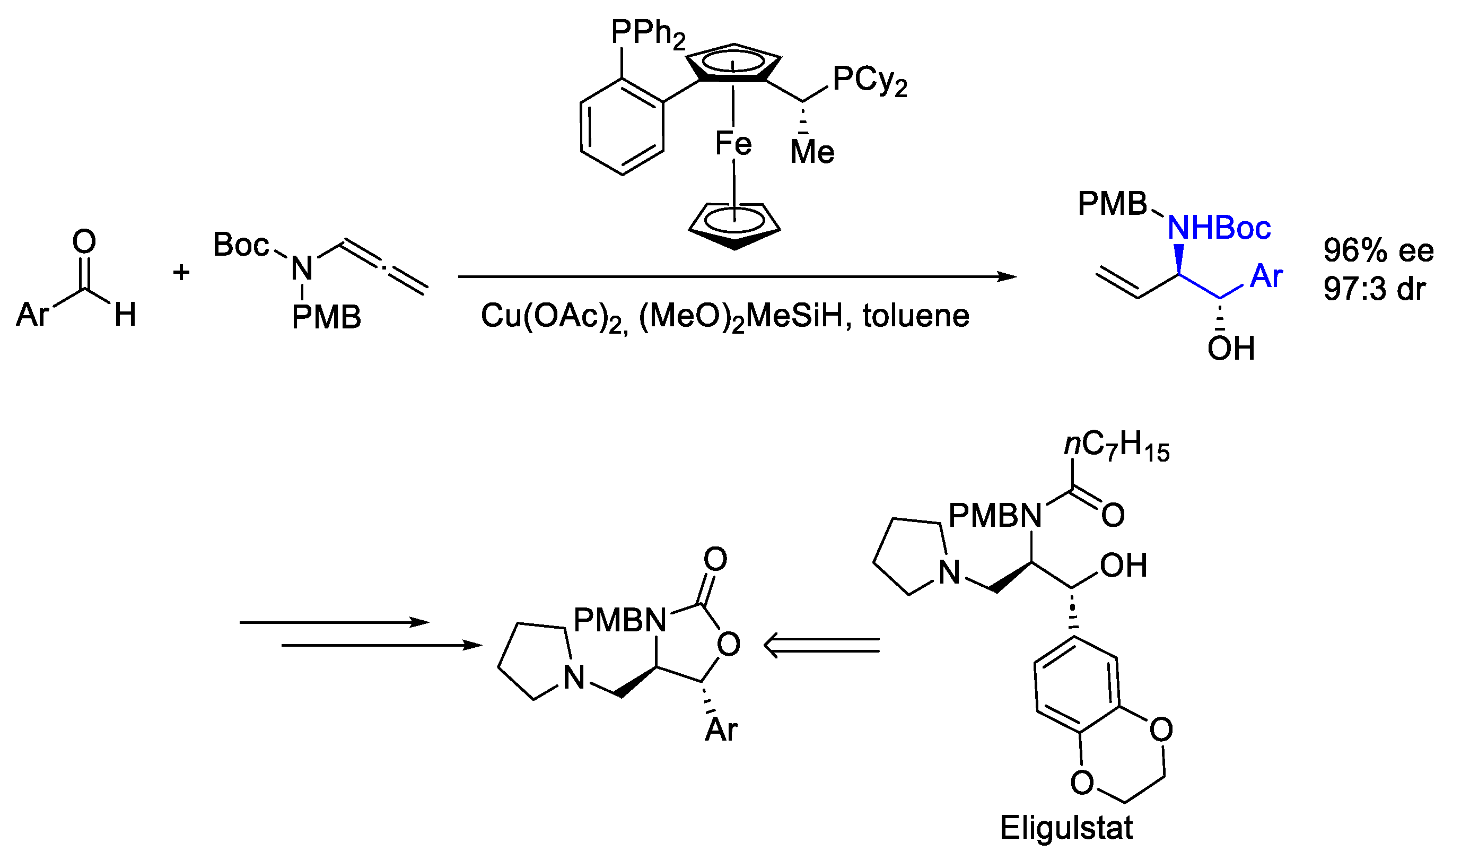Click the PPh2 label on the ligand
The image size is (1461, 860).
648,33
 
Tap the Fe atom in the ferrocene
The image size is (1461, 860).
733,143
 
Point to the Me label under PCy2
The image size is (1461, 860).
812,152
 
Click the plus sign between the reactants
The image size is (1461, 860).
181,272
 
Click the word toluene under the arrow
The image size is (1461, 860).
915,316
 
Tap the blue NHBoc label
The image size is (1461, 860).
1219,228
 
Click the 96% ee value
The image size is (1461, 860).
1378,251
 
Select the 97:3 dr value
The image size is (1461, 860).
1374,288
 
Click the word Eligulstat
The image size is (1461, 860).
1066,828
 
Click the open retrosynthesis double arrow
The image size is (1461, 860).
821,645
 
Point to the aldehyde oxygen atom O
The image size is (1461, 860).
84,241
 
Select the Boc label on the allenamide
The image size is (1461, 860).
241,245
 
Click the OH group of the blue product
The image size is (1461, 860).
1231,349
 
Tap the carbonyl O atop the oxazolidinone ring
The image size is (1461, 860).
715,559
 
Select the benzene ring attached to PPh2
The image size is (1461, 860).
622,126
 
